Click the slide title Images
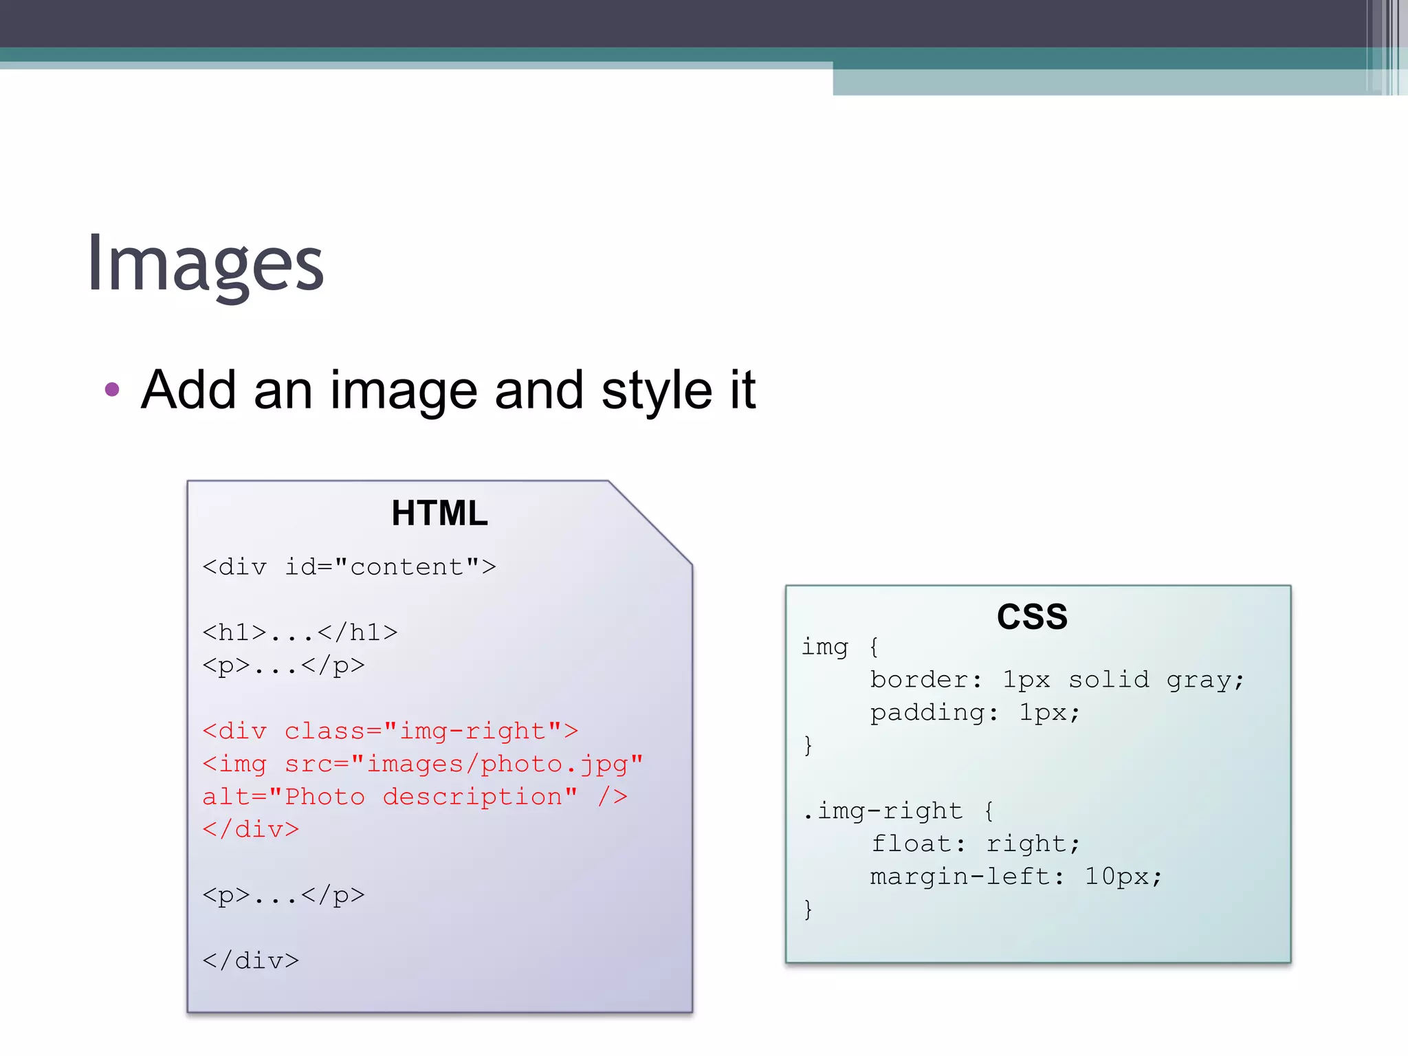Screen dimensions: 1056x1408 point(205,265)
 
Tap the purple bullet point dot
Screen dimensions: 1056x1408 point(112,390)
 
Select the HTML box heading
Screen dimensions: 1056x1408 point(439,513)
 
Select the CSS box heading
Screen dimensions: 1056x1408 point(1032,616)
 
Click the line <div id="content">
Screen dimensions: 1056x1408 point(349,567)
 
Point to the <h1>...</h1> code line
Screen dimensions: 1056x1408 point(300,632)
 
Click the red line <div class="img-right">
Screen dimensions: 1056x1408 point(390,731)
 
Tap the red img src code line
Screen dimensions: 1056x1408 point(422,764)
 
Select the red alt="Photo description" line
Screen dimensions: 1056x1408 point(415,797)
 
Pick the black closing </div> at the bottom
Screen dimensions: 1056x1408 point(251,960)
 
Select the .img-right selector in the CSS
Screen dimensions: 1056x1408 point(883,811)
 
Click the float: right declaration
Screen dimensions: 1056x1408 point(975,844)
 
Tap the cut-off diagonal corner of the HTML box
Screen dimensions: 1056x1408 point(650,522)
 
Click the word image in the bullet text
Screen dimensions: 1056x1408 point(404,390)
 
